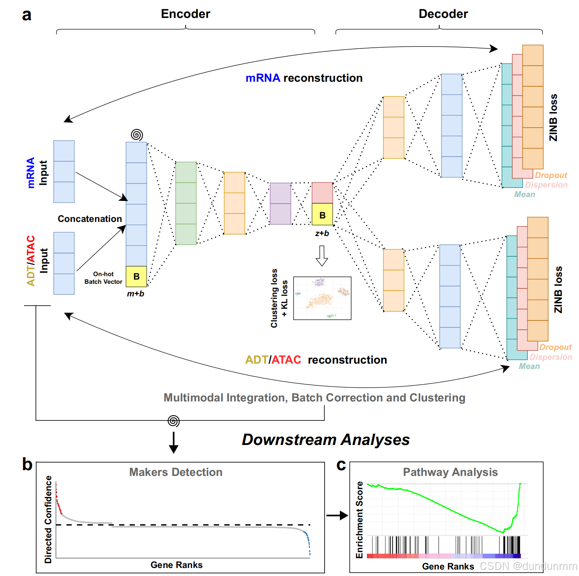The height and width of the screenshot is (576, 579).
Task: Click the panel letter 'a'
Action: click(x=26, y=15)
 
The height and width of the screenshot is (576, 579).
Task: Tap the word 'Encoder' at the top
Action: click(x=185, y=14)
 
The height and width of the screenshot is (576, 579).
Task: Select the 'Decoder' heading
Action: click(x=443, y=14)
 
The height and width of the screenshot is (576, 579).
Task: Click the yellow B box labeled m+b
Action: click(x=136, y=277)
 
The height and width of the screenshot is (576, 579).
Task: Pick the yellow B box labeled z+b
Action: click(x=322, y=215)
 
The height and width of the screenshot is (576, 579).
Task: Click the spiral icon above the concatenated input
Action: click(x=137, y=135)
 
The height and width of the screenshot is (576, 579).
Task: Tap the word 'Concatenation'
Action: click(x=90, y=219)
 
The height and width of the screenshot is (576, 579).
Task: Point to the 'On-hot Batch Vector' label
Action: click(x=103, y=278)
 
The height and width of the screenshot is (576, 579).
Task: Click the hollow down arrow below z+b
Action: click(x=322, y=256)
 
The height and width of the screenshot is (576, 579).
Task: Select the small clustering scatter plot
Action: click(x=322, y=298)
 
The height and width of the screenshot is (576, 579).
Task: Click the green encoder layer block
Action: click(x=186, y=203)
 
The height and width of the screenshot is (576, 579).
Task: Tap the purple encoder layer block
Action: click(x=280, y=204)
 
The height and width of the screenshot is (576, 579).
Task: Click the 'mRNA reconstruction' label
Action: click(x=304, y=78)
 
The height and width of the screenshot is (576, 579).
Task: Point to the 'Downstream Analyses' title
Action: click(x=326, y=440)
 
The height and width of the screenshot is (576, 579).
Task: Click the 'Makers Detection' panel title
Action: click(x=176, y=472)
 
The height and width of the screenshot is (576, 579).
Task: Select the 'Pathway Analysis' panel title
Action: click(x=450, y=472)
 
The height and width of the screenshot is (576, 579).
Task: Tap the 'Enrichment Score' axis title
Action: click(x=359, y=519)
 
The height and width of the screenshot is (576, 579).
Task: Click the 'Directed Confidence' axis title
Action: click(x=48, y=519)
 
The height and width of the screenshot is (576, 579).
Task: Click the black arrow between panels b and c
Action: click(x=337, y=516)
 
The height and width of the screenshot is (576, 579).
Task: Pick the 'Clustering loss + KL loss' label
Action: click(x=279, y=298)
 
